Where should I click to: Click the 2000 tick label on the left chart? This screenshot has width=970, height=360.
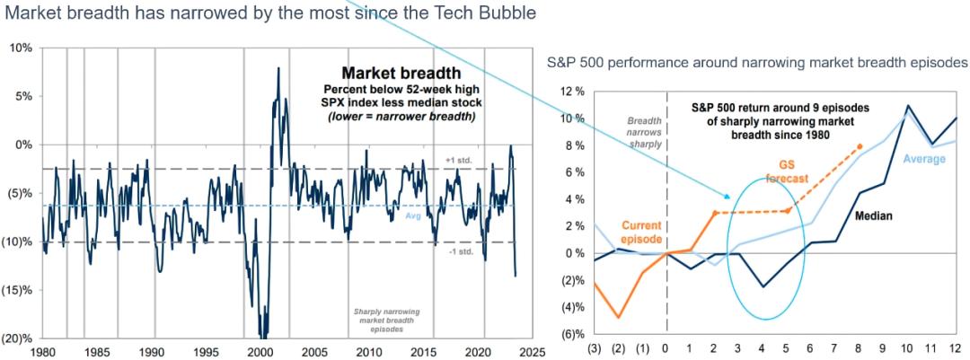(x=260, y=352)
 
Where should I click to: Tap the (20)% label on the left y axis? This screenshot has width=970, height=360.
(x=20, y=338)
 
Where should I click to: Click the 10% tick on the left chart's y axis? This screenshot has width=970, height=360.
(x=22, y=47)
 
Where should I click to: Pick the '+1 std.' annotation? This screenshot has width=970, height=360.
(x=459, y=161)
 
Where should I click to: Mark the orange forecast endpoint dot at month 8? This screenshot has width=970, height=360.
(x=861, y=145)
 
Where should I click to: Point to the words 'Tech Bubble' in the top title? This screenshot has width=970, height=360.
(x=491, y=13)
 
